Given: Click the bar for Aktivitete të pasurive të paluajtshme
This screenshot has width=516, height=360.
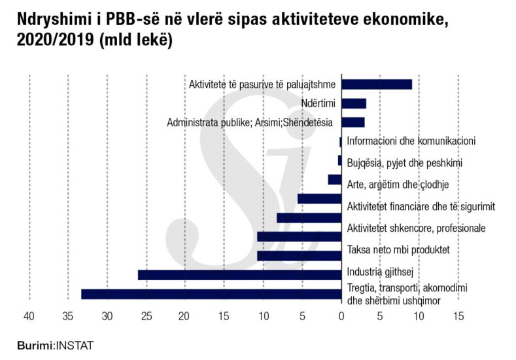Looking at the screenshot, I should click(x=377, y=84).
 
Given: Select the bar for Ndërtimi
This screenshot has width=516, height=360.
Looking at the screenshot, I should click(x=354, y=103).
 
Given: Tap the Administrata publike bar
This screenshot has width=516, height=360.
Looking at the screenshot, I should click(x=353, y=122).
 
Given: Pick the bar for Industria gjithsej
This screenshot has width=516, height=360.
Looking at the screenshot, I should click(x=240, y=275).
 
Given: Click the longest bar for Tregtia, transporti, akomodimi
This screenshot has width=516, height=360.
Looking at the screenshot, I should click(x=211, y=294).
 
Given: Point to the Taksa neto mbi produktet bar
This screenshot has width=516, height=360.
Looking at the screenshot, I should click(x=299, y=255).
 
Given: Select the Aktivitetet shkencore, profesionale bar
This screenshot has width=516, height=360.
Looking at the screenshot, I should click(x=309, y=218).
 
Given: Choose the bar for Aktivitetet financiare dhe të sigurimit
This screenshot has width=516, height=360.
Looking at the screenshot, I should click(x=319, y=198).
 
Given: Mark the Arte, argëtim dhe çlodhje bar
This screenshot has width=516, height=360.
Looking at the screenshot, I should click(x=334, y=179).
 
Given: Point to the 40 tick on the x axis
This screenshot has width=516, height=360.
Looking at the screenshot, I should click(x=29, y=316).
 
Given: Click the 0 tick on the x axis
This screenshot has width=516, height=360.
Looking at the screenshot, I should click(x=341, y=316).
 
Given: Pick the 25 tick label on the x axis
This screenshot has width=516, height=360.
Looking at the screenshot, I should click(x=146, y=316).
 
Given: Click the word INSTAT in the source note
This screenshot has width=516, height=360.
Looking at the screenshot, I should click(x=75, y=345).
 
